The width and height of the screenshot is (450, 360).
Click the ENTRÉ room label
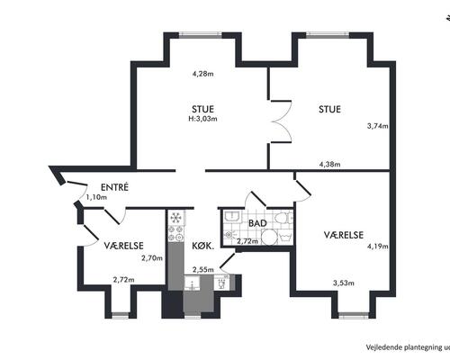point(114,187)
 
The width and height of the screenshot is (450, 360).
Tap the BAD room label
point(257,223)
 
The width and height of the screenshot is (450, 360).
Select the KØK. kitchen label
point(203,247)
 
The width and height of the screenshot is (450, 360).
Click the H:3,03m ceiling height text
point(202,119)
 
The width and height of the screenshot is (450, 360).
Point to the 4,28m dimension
point(203,74)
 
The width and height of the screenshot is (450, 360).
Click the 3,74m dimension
point(378,126)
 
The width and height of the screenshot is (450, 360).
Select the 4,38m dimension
point(329,164)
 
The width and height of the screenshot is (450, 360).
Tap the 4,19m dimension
point(378,247)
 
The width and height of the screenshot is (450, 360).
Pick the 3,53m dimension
point(344,283)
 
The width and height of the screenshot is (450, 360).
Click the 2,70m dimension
point(152,258)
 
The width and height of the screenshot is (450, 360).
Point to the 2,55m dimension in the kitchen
point(203,269)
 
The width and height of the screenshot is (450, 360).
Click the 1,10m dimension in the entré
point(96,197)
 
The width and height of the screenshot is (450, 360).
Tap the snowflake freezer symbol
point(175,217)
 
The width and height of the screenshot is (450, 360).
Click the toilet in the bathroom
point(283,218)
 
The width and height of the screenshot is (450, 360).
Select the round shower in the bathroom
point(269,237)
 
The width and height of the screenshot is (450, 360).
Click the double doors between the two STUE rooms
point(282,121)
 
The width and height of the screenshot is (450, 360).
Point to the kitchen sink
point(192,283)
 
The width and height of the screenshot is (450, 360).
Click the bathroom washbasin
point(232,216)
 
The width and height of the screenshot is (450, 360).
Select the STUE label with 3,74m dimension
point(329,109)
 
